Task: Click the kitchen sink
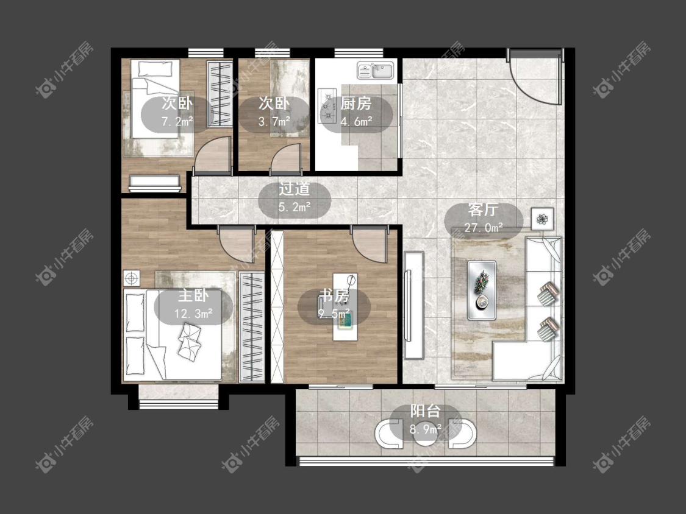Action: pyautogui.click(x=376, y=71)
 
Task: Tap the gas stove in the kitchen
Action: pyautogui.click(x=326, y=105)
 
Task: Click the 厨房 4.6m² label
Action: pyautogui.click(x=356, y=113)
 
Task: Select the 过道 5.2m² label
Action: pyautogui.click(x=295, y=198)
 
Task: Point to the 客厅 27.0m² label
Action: pyautogui.click(x=483, y=218)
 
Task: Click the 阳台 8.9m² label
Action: pyautogui.click(x=425, y=420)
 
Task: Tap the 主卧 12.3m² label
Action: pyautogui.click(x=193, y=305)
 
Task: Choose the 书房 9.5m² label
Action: pyautogui.click(x=334, y=305)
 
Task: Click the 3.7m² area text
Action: pyautogui.click(x=274, y=122)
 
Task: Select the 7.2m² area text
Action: pyautogui.click(x=177, y=122)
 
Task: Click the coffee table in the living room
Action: pyautogui.click(x=482, y=290)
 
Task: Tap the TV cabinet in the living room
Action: pyautogui.click(x=413, y=305)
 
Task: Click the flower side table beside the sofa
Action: pyautogui.click(x=543, y=219)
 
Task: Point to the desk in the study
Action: pyautogui.click(x=345, y=307)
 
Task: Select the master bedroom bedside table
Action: pyautogui.click(x=131, y=278)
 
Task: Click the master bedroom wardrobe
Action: pyautogui.click(x=252, y=328)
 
